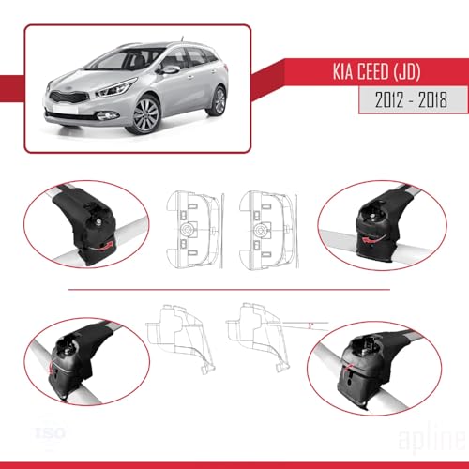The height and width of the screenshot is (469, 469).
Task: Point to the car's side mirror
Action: click(170, 68)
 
